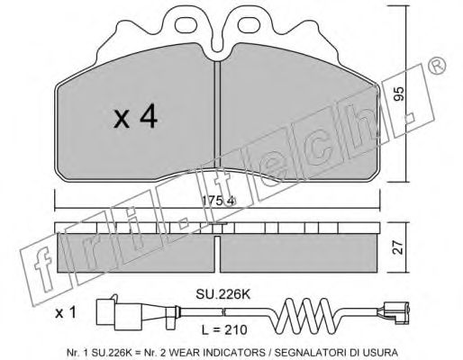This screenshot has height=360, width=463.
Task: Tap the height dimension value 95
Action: click(x=398, y=94)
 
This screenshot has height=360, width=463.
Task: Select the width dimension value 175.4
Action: click(x=218, y=201)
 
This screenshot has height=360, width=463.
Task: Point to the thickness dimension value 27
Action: click(x=398, y=247)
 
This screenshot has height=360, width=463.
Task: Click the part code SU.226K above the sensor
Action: click(x=222, y=294)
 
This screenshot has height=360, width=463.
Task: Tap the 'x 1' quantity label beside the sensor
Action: click(x=66, y=313)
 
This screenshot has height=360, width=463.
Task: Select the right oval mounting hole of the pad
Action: click(x=250, y=24)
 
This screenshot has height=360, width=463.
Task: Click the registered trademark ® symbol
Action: click(x=436, y=66)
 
